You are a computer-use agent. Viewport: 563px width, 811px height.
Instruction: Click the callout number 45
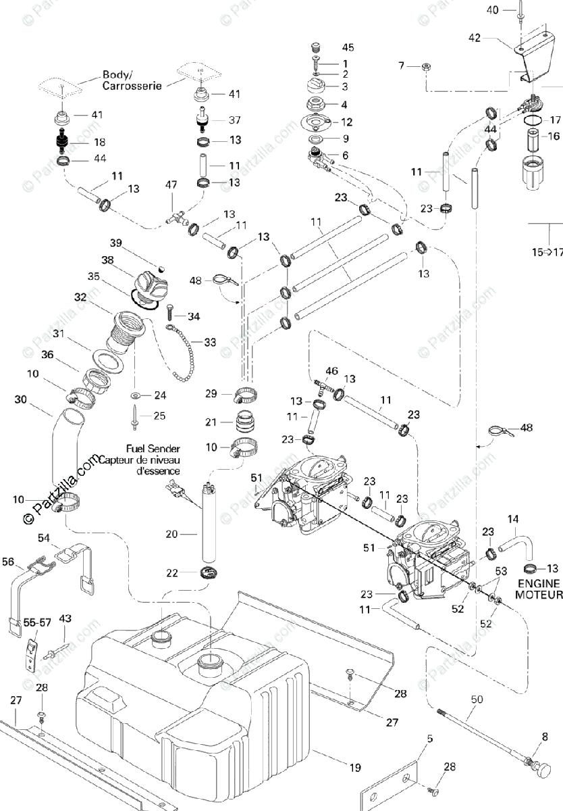click(348, 47)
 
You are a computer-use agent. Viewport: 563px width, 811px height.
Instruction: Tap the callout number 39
click(115, 243)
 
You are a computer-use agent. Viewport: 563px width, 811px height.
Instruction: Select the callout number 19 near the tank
click(355, 767)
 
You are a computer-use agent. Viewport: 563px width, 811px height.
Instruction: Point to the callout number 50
click(477, 699)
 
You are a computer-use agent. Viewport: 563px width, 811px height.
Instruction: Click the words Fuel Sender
click(153, 449)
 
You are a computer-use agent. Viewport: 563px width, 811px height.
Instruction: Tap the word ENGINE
click(539, 583)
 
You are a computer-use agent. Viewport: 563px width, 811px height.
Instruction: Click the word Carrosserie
click(132, 86)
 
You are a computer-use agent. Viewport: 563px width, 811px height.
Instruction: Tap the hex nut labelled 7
click(426, 67)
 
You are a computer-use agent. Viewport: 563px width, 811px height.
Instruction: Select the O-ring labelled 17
click(532, 120)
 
